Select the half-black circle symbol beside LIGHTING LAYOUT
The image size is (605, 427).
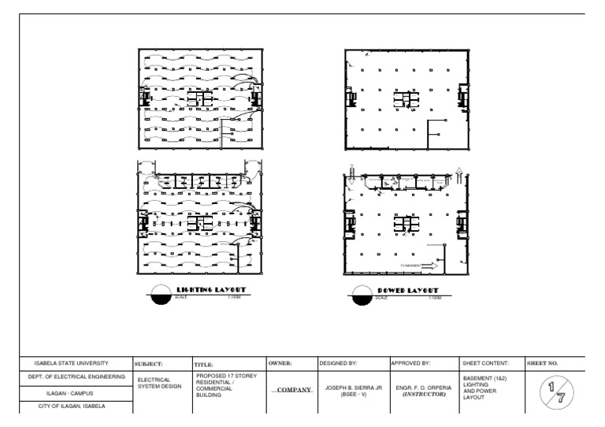(161, 294)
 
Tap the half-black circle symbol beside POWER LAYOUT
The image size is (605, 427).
(363, 294)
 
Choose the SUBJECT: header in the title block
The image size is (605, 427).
(149, 365)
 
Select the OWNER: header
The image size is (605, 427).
(281, 365)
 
